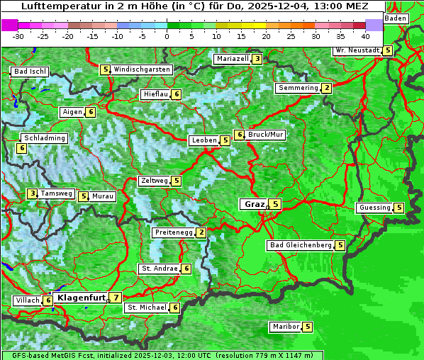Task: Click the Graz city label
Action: pos(253,204)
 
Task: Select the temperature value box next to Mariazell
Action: pos(257,59)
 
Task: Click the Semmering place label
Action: pos(298,88)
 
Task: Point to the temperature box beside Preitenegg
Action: pos(201,232)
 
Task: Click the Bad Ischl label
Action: pos(30,72)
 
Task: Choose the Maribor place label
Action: pos(285,327)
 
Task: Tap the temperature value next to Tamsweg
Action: pos(32,193)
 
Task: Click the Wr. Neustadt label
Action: pos(357,50)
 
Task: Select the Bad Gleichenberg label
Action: pos(301,245)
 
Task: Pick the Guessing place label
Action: pos(374,208)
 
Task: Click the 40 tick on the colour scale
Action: pos(365,35)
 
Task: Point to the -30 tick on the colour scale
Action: pos(18,35)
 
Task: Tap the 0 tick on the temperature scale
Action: pos(167,35)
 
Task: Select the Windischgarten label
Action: pos(142,69)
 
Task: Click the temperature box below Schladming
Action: pos(22,148)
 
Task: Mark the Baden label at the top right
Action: pos(396,18)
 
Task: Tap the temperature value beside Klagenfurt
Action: pos(116,298)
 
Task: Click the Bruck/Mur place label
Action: pos(265,134)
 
